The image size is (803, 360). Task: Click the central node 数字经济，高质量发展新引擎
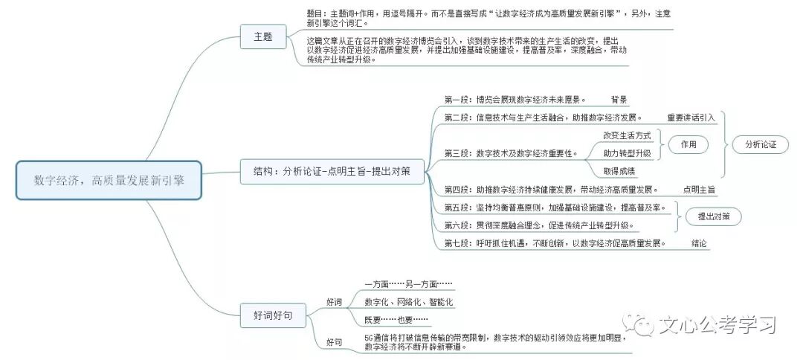pyautogui.click(x=109, y=180)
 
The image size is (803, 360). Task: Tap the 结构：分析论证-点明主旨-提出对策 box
pyautogui.click(x=332, y=173)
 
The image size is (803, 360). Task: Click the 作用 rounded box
pyautogui.click(x=688, y=145)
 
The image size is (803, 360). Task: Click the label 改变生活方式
pyautogui.click(x=627, y=135)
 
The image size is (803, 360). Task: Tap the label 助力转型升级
pyautogui.click(x=627, y=153)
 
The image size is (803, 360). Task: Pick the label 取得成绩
pyautogui.click(x=619, y=171)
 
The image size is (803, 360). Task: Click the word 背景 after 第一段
pyautogui.click(x=619, y=100)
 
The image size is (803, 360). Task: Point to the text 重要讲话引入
pyautogui.click(x=691, y=118)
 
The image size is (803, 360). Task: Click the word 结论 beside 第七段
pyautogui.click(x=699, y=243)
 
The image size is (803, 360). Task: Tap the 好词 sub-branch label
pyautogui.click(x=334, y=302)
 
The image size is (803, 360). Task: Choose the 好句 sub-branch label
pyautogui.click(x=334, y=342)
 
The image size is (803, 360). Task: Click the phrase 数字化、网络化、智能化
pyautogui.click(x=408, y=302)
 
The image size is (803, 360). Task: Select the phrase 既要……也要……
pyautogui.click(x=396, y=320)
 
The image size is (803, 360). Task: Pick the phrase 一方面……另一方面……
pyautogui.click(x=408, y=284)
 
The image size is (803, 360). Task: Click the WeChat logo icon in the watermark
pyautogui.click(x=641, y=324)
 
